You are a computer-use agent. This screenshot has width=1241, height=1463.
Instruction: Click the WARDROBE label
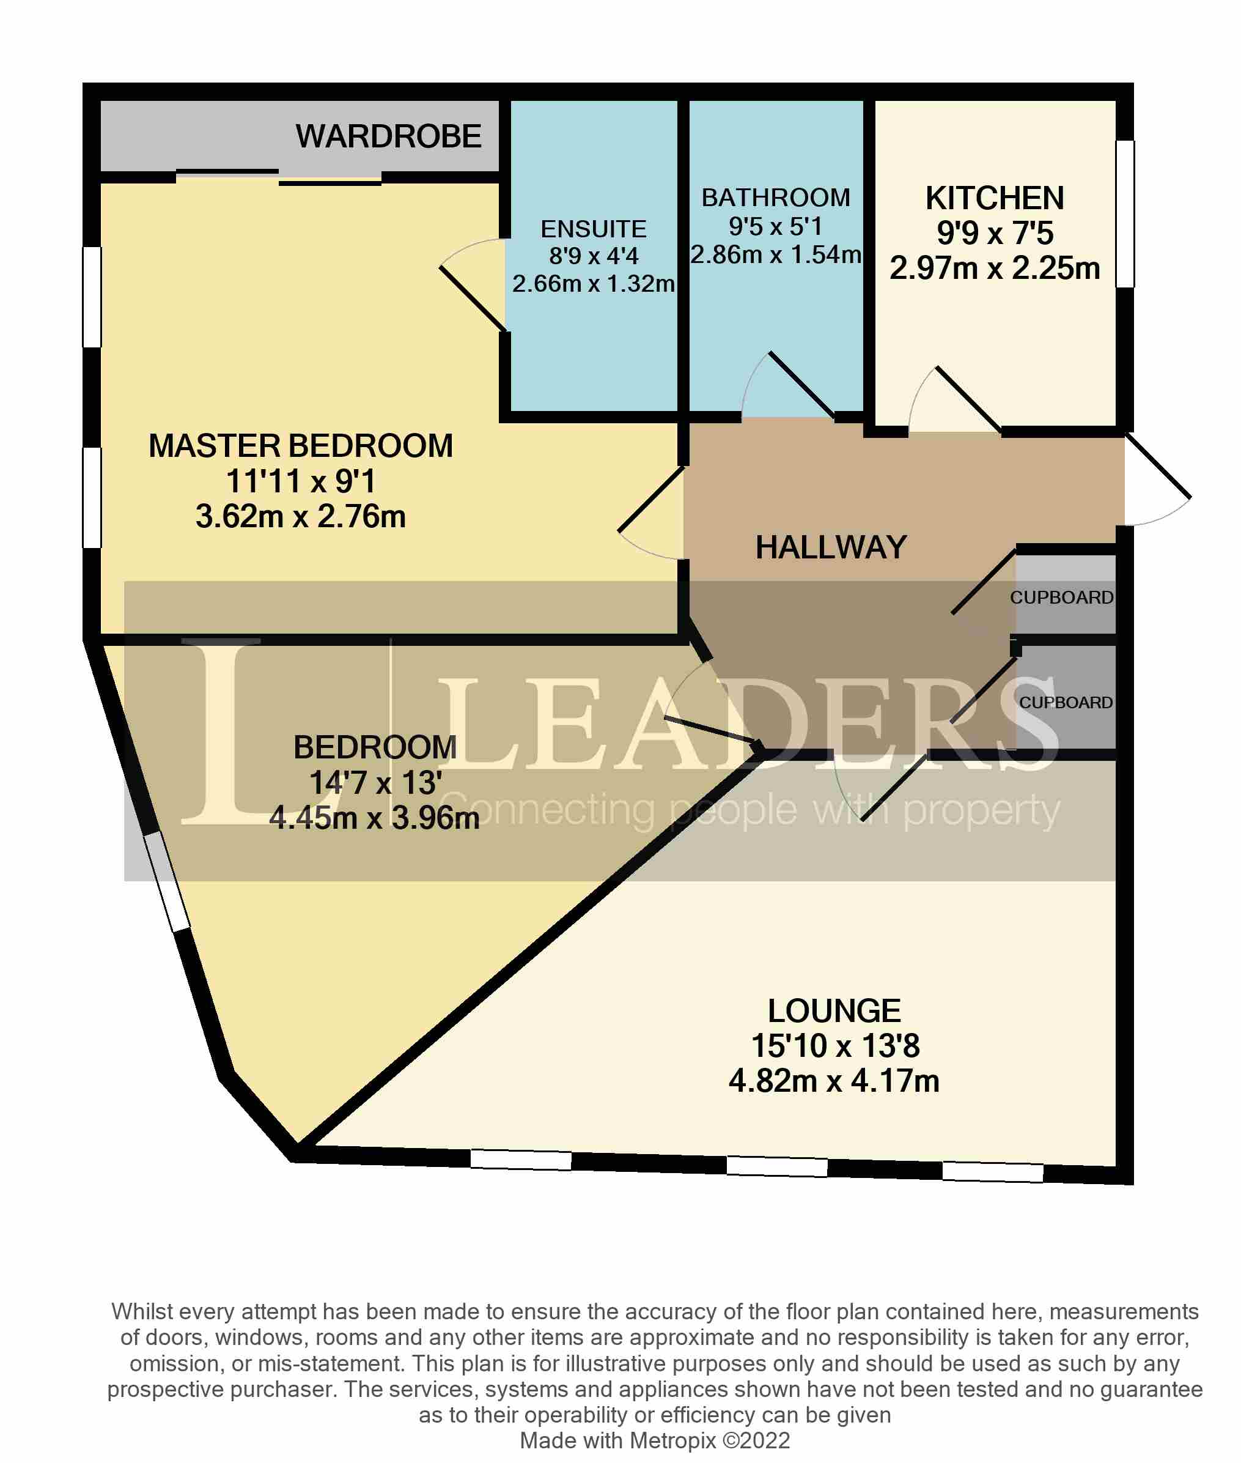click(388, 136)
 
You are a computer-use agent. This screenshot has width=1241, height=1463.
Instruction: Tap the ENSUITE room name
click(593, 229)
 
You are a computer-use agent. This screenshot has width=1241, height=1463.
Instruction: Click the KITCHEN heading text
click(994, 198)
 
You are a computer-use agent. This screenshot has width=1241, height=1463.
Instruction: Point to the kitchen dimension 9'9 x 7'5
click(994, 234)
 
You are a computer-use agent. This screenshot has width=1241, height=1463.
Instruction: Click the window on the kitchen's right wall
click(1125, 214)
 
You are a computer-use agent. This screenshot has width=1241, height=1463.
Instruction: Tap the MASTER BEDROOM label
click(300, 446)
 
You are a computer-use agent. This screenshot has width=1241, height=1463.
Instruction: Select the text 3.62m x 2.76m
click(300, 517)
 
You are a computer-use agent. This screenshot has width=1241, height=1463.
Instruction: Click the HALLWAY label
click(831, 547)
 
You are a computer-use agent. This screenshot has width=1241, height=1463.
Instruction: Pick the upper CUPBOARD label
click(1061, 598)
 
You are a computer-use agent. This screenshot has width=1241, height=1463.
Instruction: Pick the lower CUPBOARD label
click(1065, 702)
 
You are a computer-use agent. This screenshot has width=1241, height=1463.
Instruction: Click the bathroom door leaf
click(801, 385)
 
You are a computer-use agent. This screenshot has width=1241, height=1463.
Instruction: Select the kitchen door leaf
click(968, 400)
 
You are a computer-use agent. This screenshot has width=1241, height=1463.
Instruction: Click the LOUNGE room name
click(834, 1010)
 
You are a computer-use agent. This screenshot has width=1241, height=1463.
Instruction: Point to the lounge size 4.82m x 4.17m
click(834, 1081)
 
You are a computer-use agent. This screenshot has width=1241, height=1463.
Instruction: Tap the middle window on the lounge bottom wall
click(776, 1166)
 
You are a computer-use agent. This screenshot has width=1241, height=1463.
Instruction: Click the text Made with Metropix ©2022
click(654, 1440)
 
